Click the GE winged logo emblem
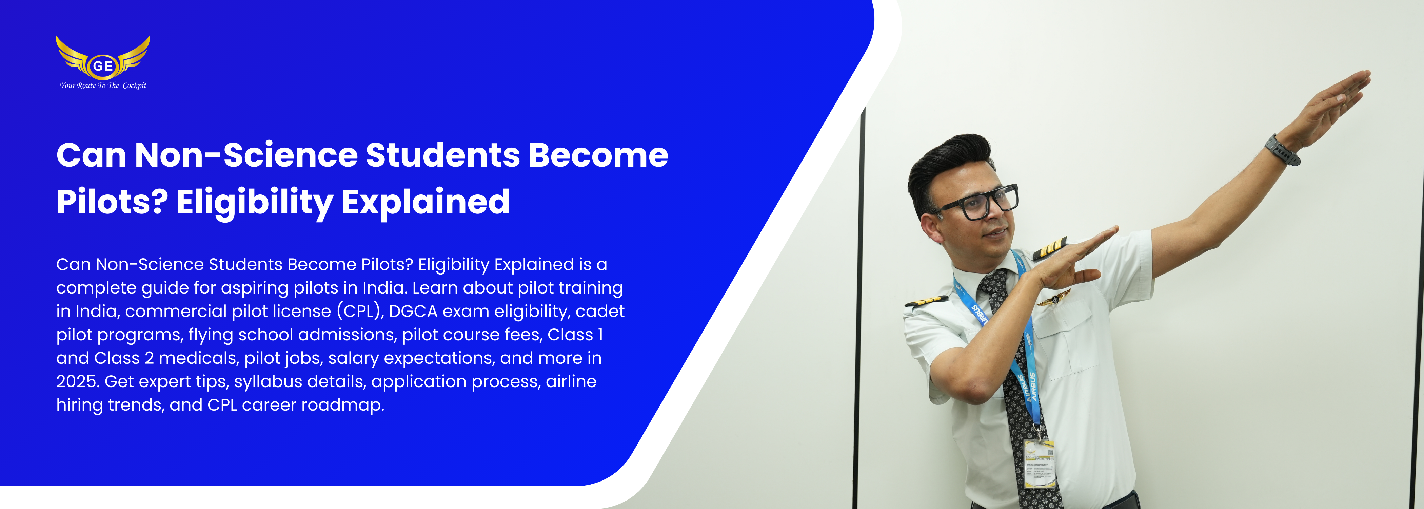click(103, 58)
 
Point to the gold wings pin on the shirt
click(1053, 298)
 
